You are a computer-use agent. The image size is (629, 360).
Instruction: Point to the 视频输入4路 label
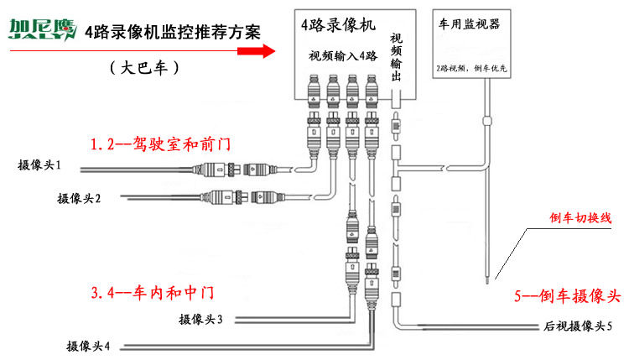click(345, 56)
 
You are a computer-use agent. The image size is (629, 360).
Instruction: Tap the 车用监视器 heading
click(469, 25)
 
